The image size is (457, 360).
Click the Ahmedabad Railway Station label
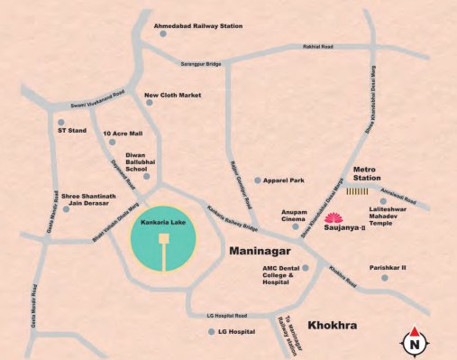coord(198,26)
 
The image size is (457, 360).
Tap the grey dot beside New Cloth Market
coord(137,95)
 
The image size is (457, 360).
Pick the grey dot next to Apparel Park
coord(258,181)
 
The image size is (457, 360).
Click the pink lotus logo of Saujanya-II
coord(334,217)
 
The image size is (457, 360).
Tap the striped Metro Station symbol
coord(360,191)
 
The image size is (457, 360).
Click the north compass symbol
coord(415,340)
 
